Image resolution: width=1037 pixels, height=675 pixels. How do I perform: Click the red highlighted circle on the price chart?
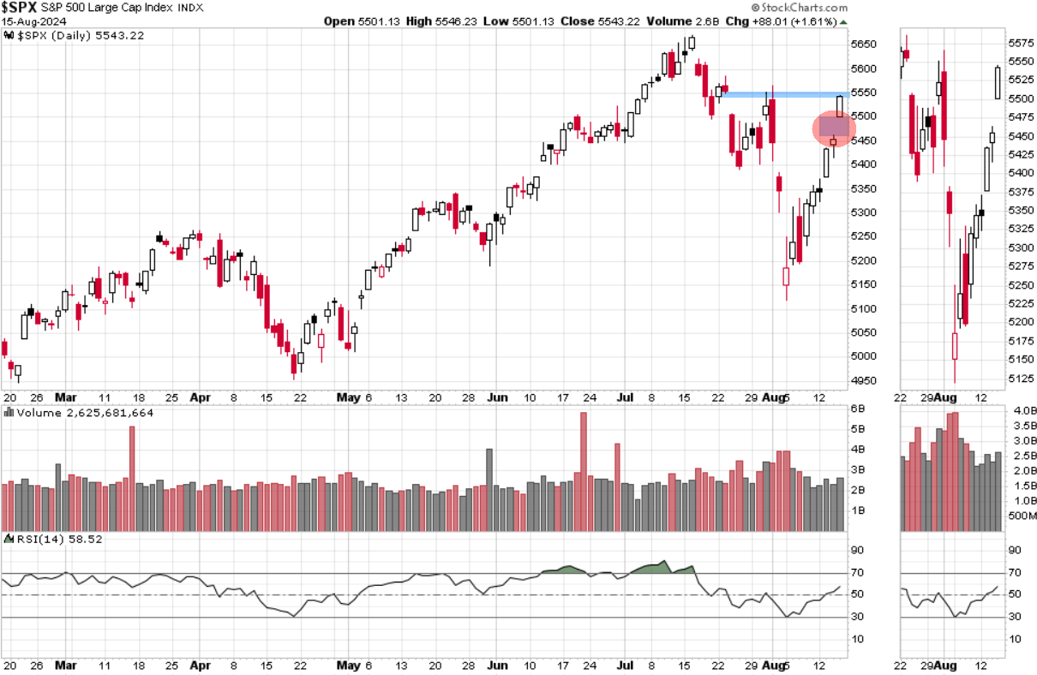point(834,128)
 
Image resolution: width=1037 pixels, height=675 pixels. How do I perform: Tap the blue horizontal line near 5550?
point(784,93)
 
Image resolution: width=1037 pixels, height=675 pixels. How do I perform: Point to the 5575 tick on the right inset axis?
point(1020,42)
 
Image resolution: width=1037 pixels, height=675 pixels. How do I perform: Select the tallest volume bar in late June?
point(584,463)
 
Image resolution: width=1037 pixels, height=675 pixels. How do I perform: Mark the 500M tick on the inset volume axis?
point(1022,516)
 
